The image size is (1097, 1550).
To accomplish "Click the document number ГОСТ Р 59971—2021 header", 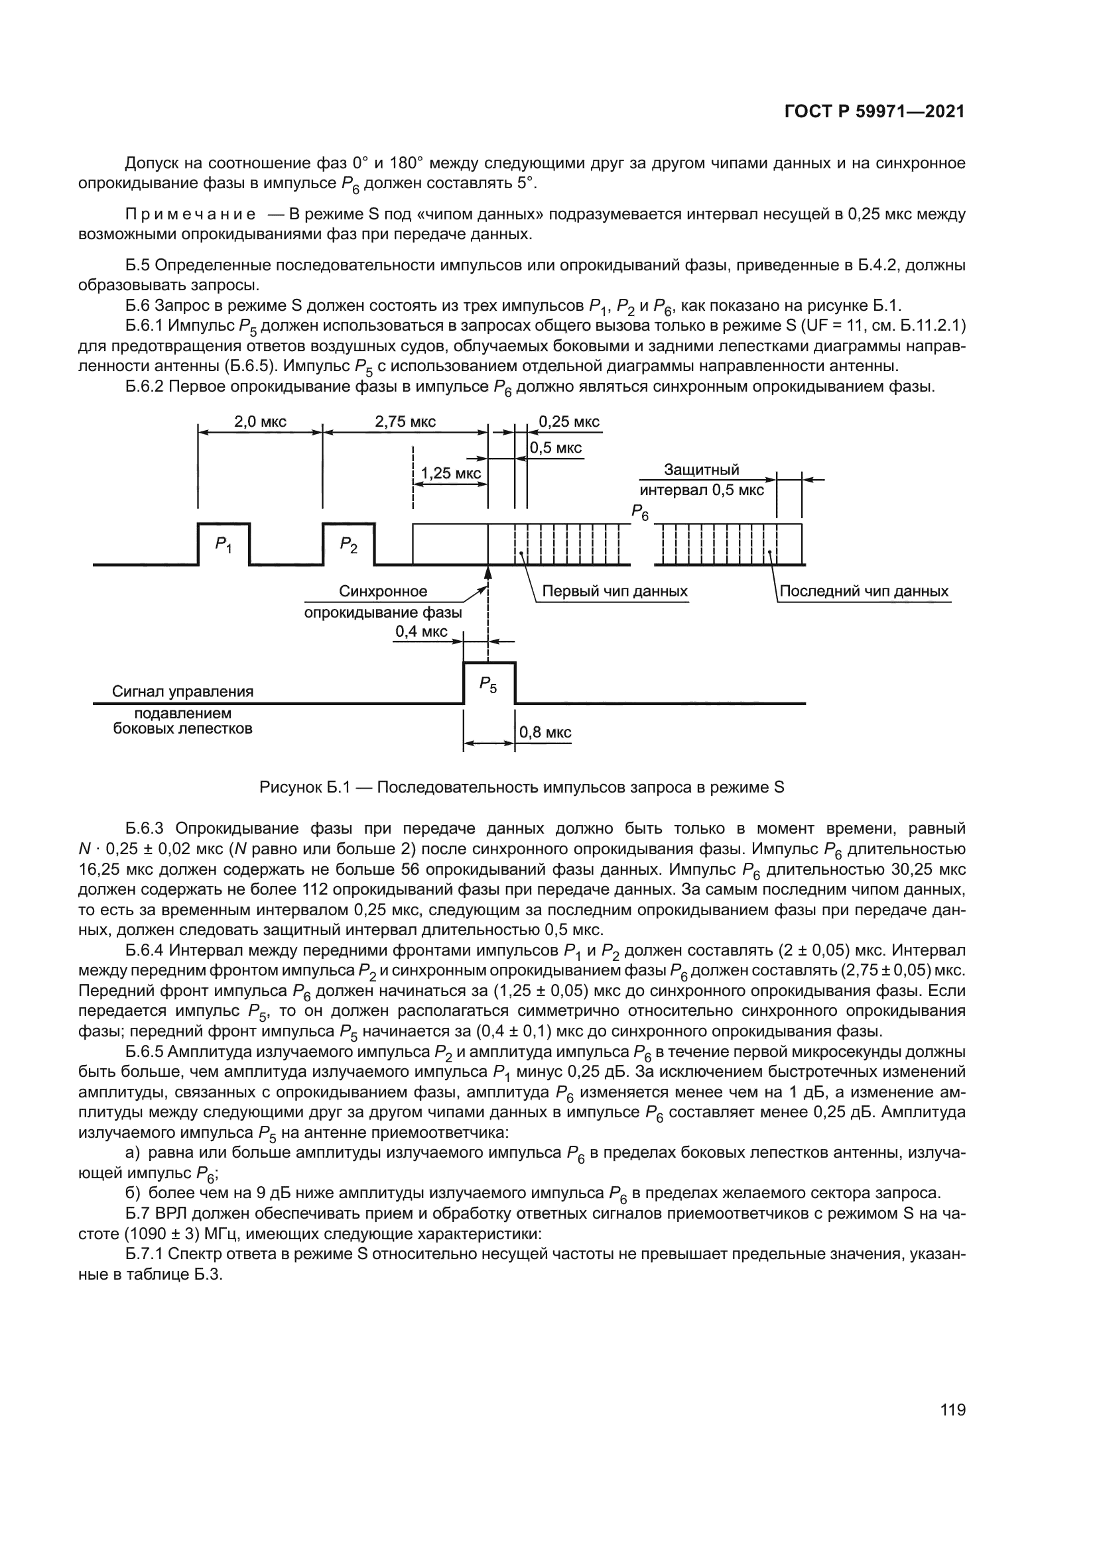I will point(874,112).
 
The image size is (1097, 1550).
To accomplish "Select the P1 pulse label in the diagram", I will point(223,544).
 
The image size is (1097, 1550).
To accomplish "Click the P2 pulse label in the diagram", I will point(348,544).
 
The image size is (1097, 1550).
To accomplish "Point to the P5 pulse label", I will point(487,685).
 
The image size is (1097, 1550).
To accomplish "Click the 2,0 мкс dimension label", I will point(260,422).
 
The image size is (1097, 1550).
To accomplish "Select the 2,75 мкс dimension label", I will point(405,422).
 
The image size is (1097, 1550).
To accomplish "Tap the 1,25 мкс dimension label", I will point(450,473).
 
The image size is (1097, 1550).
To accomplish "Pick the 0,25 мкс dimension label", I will point(569,422).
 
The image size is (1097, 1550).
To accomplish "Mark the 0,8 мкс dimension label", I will point(545,732).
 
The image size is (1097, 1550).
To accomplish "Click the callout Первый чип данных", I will point(615,591).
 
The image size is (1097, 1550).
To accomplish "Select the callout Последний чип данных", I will point(864,591).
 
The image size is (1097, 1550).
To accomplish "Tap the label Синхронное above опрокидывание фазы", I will point(383,591).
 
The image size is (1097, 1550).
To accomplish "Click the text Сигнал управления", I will point(182,691).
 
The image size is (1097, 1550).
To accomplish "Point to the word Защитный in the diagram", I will point(701,469).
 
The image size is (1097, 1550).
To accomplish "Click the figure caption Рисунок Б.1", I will point(304,787).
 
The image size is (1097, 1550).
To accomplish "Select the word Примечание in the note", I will point(190,215).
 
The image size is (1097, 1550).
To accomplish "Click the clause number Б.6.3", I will point(145,828).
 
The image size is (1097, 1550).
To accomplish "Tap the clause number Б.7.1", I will point(145,1254).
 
